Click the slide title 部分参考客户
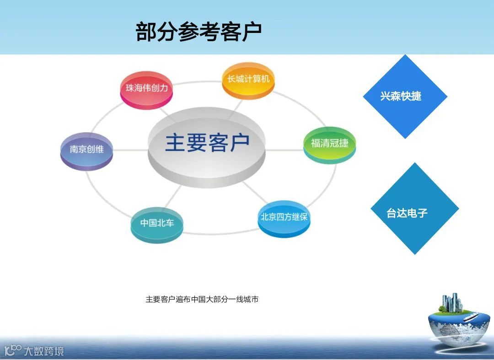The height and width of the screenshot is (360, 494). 199,32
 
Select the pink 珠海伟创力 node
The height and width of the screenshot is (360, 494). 147,89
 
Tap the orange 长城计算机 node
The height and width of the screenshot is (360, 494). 248,80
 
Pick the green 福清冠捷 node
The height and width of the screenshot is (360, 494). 329,144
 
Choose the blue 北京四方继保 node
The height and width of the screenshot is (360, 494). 284,218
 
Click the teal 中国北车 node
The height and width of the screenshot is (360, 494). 157,224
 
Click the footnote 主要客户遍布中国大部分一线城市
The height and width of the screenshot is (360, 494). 202,300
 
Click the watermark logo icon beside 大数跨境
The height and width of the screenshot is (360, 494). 13,350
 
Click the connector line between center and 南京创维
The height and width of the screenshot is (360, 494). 130,150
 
